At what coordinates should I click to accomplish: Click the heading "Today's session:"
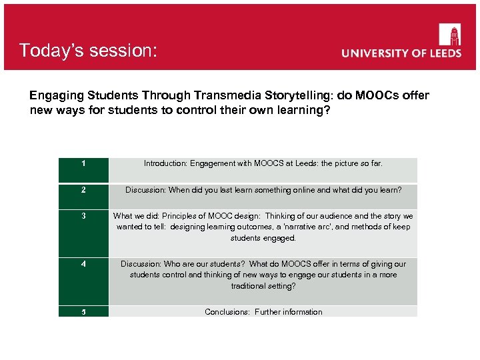(88, 51)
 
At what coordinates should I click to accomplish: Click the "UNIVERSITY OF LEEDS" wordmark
(401, 53)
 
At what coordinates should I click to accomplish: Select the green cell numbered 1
(83, 170)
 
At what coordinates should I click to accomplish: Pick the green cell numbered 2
(83, 196)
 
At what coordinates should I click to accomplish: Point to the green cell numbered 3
(83, 233)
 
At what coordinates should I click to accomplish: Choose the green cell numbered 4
(83, 281)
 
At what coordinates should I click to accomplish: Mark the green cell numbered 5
(83, 311)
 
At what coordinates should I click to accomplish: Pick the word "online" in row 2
(301, 190)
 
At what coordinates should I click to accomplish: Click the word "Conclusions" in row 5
(227, 312)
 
